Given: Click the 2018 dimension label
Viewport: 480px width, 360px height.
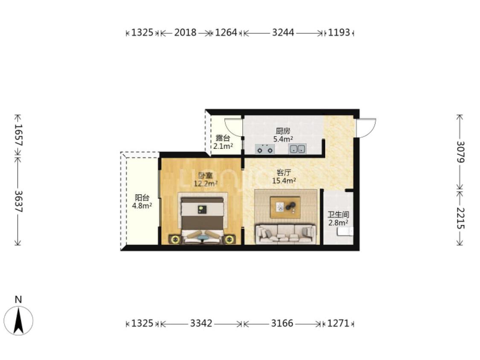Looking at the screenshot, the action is pos(185,32).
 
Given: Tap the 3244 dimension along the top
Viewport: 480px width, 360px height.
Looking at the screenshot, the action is pos(283,32).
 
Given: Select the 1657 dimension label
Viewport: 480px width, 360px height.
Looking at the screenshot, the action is pos(19,135).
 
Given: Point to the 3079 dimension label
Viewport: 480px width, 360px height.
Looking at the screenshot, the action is pos(460,152).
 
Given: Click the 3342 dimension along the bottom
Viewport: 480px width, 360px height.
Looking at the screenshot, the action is pos(201,323).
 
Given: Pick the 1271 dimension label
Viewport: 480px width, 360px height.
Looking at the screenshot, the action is pos(338,323).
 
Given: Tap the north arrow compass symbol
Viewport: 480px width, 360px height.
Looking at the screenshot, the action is pos(18,320).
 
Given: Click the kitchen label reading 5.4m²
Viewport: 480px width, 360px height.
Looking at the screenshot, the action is pos(283,139).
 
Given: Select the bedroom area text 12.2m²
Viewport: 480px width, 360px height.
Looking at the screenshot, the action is pos(205,184).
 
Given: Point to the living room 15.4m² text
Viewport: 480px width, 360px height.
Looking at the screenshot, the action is pos(284,180).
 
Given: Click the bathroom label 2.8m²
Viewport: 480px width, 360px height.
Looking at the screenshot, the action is pos(338,223).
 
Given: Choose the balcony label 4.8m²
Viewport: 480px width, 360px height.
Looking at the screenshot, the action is pos(142,206).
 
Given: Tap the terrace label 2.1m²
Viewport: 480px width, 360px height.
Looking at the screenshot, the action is pos(223,146).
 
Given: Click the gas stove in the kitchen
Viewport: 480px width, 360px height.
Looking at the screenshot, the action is pos(265,149).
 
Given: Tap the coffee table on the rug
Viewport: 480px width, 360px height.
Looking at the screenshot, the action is pos(285,207).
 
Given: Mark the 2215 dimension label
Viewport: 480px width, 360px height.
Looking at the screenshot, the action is pos(460,218).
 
